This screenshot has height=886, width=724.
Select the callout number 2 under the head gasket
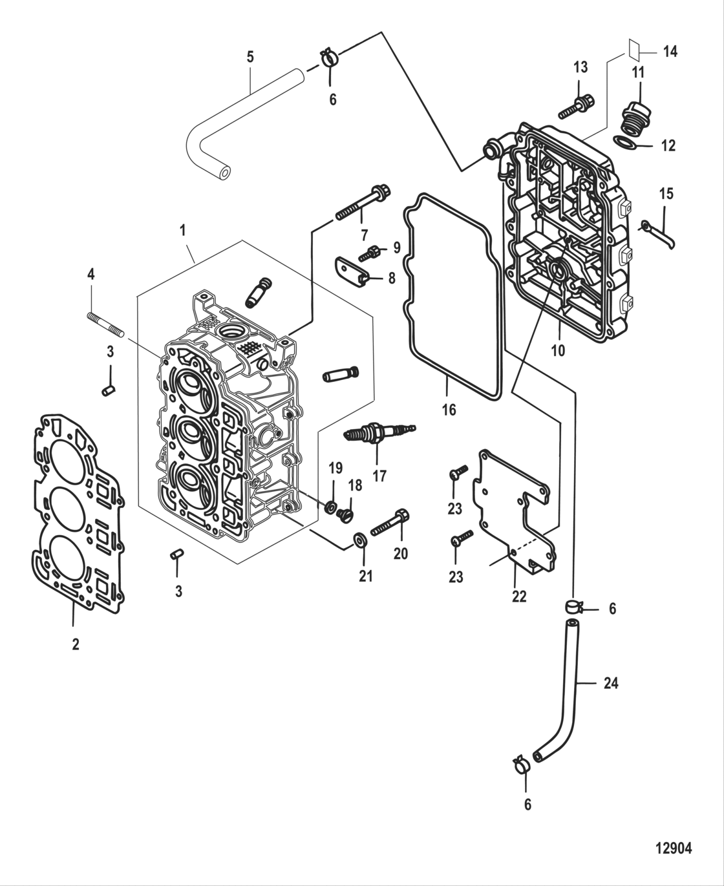(76, 644)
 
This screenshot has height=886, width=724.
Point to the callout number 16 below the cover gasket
(449, 410)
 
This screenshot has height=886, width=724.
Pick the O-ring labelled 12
(625, 142)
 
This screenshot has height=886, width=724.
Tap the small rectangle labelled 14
(635, 51)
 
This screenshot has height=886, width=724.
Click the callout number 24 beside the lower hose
(611, 682)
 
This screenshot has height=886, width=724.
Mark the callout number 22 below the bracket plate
(519, 596)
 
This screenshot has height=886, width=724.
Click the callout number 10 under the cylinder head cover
(558, 350)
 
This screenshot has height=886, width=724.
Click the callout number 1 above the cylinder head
(183, 229)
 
